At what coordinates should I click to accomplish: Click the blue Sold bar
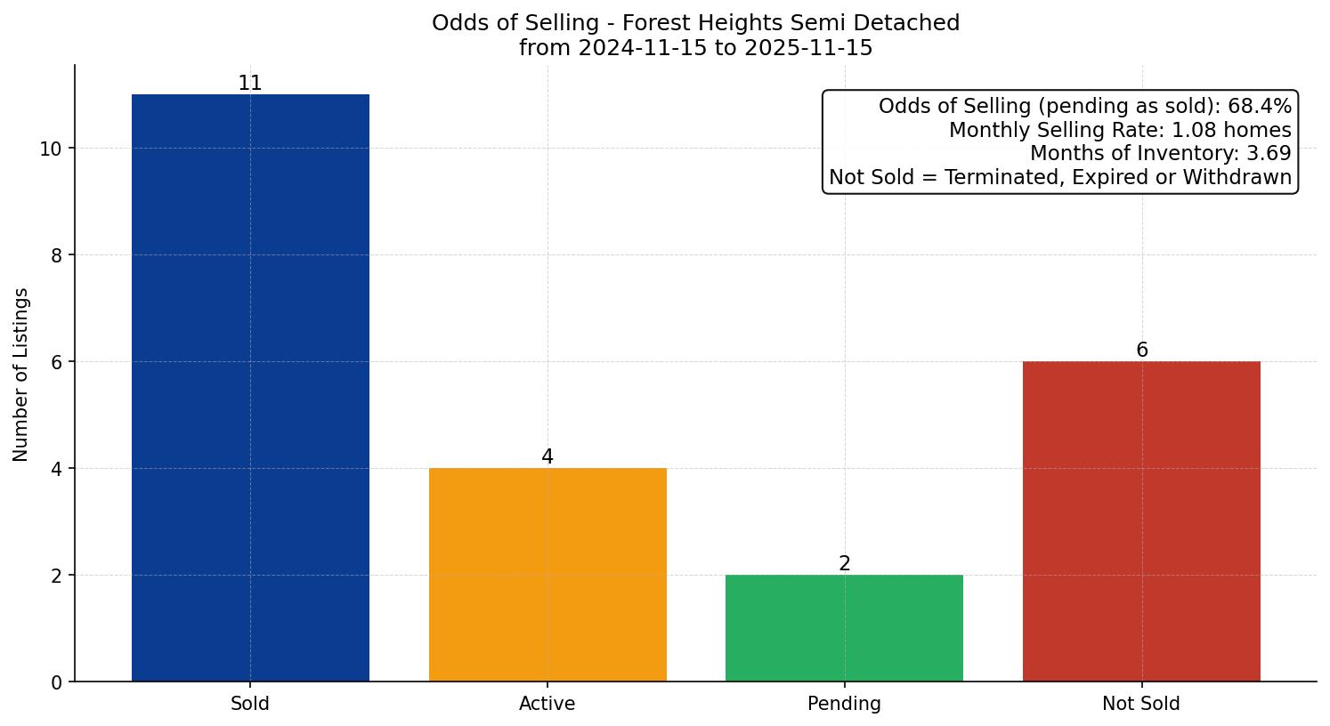[250, 388]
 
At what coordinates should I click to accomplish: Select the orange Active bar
[547, 575]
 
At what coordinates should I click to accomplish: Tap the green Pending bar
[844, 628]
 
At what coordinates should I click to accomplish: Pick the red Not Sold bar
[1141, 521]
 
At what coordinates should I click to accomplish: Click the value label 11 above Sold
[250, 84]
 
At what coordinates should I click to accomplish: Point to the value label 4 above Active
[547, 457]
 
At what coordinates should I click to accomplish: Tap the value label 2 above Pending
[844, 564]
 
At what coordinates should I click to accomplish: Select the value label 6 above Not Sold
[1141, 351]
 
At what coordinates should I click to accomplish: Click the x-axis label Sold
[250, 704]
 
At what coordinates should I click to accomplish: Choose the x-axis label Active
[547, 704]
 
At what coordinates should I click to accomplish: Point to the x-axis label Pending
[844, 704]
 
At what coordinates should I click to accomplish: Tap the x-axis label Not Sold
[1141, 704]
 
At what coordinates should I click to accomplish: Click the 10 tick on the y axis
[51, 149]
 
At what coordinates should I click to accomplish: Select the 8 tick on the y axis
[56, 255]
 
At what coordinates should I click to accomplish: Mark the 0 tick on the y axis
[56, 682]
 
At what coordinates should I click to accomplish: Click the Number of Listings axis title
[21, 374]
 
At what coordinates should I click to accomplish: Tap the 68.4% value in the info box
[1259, 107]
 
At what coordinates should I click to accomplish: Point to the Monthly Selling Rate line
[1119, 130]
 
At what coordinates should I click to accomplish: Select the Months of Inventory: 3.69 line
[1160, 153]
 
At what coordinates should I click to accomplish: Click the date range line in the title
[695, 48]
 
